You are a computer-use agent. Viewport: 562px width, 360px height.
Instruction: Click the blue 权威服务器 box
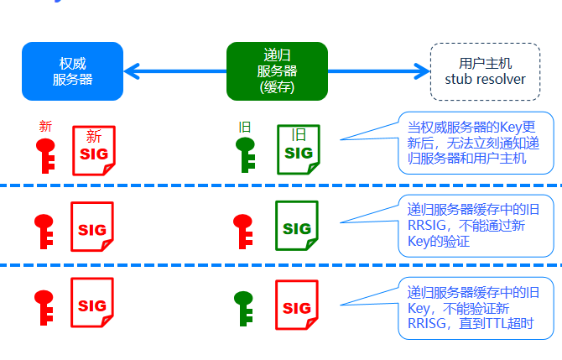[x=72, y=71]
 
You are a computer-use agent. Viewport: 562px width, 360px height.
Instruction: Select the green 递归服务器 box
[x=277, y=71]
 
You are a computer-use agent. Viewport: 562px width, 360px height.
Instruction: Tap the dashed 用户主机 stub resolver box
[x=485, y=71]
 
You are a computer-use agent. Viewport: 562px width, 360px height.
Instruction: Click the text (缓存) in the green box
[x=277, y=87]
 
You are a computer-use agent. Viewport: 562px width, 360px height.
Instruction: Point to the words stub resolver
[x=485, y=80]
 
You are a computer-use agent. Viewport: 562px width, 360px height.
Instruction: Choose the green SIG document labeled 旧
[x=298, y=150]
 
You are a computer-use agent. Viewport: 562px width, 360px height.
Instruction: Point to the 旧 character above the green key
[x=245, y=127]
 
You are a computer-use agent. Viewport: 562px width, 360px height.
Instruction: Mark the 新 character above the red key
[x=45, y=127]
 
